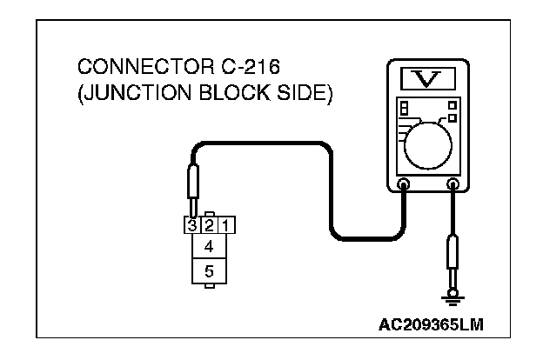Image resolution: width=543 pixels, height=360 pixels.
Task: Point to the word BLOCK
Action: tap(227, 93)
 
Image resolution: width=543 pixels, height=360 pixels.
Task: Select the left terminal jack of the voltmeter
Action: tap(403, 184)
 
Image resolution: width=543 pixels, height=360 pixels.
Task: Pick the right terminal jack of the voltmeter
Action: tap(452, 184)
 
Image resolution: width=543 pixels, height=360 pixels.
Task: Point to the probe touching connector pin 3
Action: tap(192, 189)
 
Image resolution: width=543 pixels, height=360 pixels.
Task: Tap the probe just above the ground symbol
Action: tap(452, 260)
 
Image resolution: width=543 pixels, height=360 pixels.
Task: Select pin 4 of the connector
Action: tap(209, 247)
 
